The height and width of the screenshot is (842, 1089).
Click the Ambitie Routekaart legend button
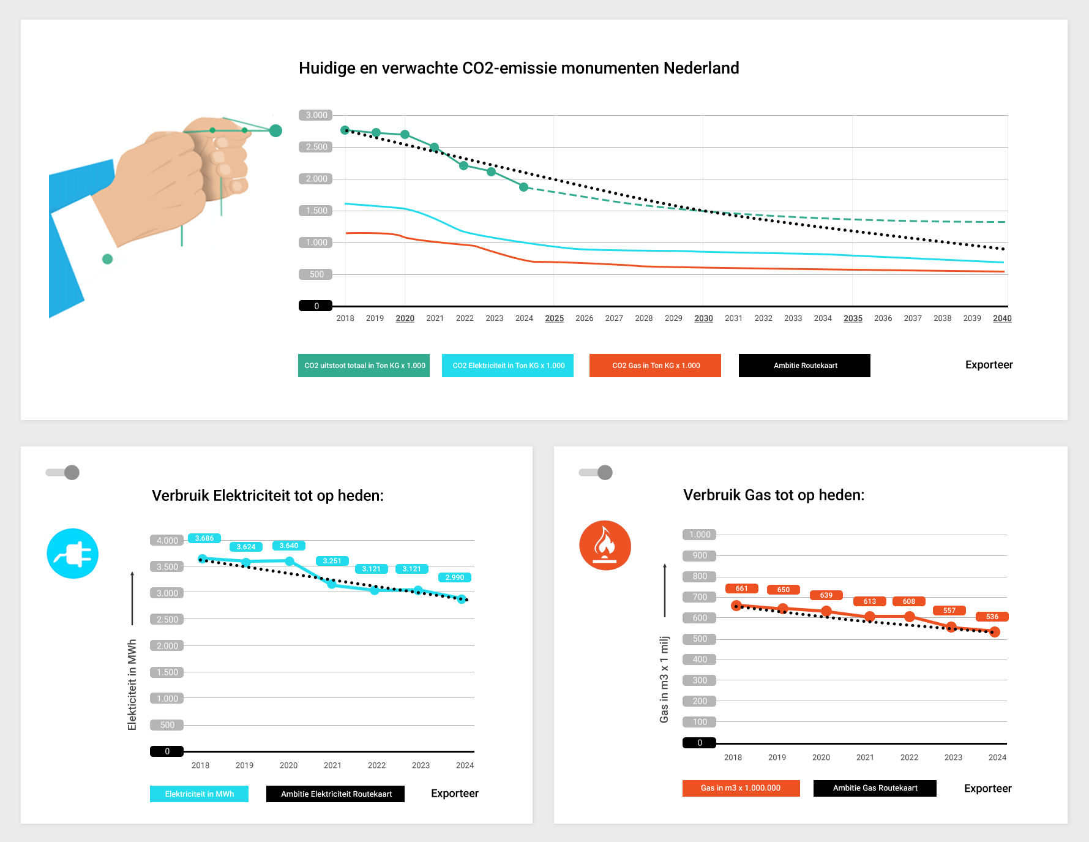[x=804, y=366]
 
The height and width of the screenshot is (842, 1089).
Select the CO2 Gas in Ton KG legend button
[x=655, y=366]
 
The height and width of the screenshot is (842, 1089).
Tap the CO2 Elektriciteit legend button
[x=507, y=366]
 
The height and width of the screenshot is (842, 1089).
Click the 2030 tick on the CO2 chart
[x=703, y=318]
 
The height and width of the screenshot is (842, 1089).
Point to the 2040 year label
[x=1002, y=318]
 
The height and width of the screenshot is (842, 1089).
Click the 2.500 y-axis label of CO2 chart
[x=316, y=147]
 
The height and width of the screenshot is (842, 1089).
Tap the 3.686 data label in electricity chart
[x=204, y=538]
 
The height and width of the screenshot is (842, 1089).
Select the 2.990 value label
[x=454, y=577]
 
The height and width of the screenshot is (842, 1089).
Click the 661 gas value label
[x=741, y=588]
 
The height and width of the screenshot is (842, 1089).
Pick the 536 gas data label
[x=992, y=617]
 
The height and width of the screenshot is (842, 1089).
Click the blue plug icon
[x=73, y=554]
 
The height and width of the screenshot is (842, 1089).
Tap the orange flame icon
[x=605, y=546]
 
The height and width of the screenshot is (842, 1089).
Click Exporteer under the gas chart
[x=987, y=789]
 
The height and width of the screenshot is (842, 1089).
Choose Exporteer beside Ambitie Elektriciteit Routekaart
[x=454, y=794]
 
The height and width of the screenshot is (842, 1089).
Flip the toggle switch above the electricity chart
[x=63, y=473]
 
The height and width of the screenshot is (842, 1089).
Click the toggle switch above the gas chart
[x=596, y=473]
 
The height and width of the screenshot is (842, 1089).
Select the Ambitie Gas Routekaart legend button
[x=875, y=788]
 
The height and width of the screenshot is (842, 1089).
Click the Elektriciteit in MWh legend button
[x=199, y=794]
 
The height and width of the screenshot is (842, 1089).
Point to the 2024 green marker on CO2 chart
[x=523, y=187]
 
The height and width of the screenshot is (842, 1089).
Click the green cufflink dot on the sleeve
[x=108, y=259]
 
